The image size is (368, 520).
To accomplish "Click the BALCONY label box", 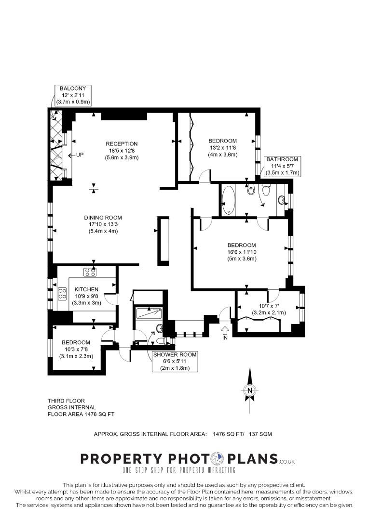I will click(x=73, y=95).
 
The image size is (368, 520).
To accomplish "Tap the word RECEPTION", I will click(x=122, y=144).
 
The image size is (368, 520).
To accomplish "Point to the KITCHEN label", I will click(x=86, y=289).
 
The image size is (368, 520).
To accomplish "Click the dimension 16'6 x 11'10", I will click(x=242, y=252).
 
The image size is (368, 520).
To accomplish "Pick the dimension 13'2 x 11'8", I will click(x=223, y=148).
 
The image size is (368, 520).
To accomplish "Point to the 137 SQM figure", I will click(x=260, y=434).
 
